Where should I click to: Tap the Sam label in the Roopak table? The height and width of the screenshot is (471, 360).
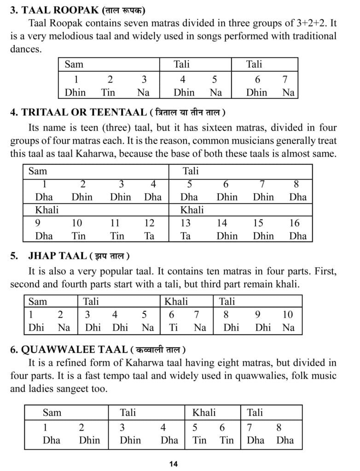74,64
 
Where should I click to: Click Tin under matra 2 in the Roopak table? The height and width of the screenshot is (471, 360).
108,92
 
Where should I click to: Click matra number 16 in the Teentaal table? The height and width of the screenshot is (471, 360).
294,223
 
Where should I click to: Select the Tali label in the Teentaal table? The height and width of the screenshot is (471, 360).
191,172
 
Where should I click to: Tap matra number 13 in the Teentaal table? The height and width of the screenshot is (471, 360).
186,223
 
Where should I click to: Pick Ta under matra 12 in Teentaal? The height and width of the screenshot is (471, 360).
149,236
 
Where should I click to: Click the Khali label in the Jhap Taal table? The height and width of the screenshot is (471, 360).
176,302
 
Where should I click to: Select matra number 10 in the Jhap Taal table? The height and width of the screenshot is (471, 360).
288,315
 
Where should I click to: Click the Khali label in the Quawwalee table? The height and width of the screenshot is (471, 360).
204,412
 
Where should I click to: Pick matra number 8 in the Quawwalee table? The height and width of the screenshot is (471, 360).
279,427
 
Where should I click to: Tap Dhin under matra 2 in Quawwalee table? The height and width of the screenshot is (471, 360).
89,440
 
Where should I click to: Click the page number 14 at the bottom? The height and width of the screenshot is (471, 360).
173,464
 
